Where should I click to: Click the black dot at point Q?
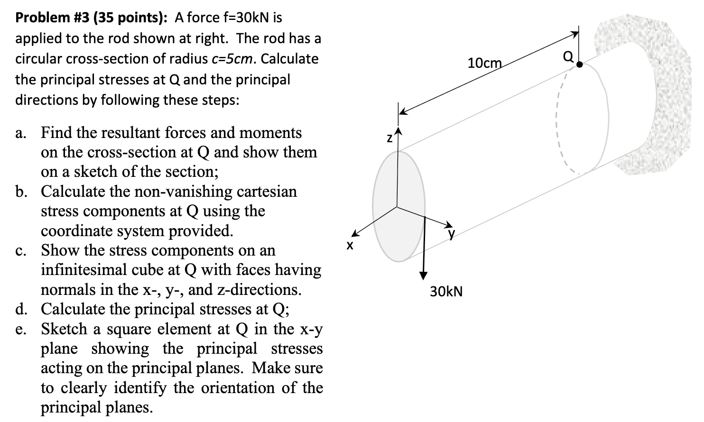tap(579, 66)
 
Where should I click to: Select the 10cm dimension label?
tap(484, 62)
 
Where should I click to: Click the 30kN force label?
tap(446, 291)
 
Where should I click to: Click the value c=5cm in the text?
tap(231, 59)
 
